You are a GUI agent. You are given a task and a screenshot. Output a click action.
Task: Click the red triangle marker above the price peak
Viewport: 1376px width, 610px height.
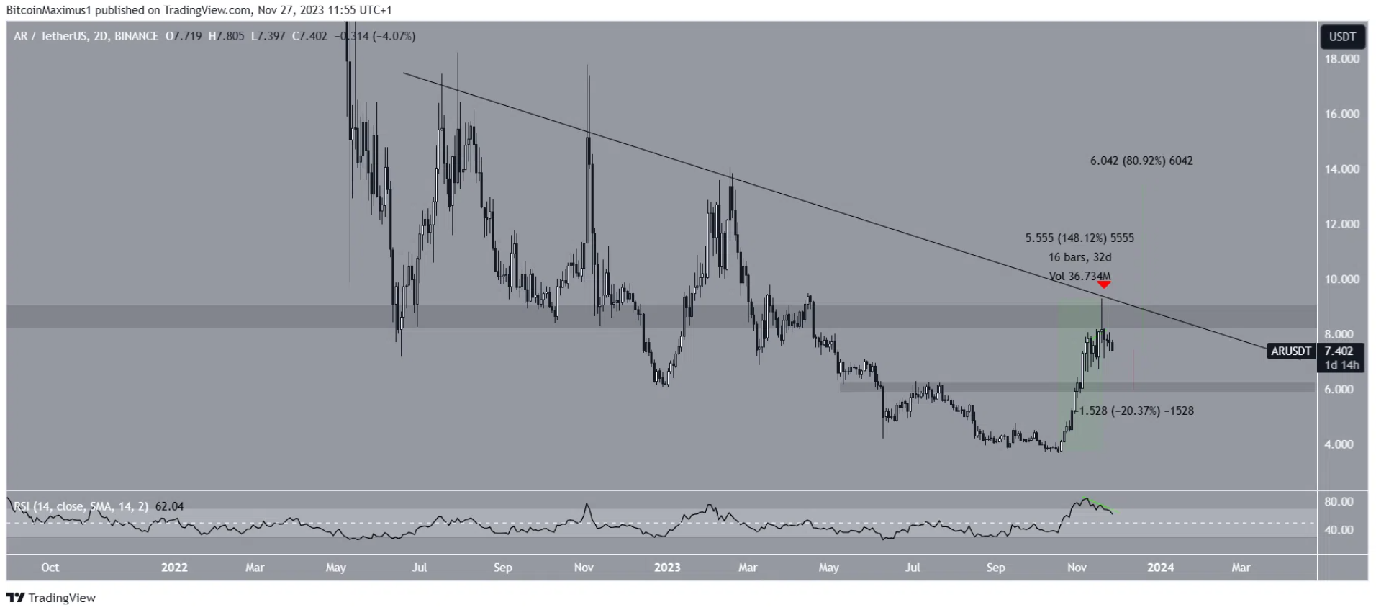[x=1103, y=285]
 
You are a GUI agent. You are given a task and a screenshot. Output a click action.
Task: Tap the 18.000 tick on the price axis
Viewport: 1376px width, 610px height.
[x=1342, y=59]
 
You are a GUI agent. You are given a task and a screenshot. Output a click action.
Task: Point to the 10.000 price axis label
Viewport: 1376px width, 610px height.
[x=1342, y=279]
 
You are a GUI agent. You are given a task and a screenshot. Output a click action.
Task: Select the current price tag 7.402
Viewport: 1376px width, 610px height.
[x=1339, y=351]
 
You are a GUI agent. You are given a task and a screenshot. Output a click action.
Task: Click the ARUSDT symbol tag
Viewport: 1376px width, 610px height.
[x=1290, y=351]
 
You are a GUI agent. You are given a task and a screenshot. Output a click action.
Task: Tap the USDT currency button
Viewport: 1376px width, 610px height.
[x=1342, y=37]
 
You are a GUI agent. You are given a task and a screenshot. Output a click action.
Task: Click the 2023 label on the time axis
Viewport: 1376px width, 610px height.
[x=667, y=568]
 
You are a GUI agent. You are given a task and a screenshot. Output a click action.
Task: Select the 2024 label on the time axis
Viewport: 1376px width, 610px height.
[x=1160, y=568]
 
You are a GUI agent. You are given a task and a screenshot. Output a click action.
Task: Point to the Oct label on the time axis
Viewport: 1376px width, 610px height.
[x=50, y=568]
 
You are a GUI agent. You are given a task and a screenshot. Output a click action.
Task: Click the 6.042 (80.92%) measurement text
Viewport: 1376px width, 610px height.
[x=1141, y=161]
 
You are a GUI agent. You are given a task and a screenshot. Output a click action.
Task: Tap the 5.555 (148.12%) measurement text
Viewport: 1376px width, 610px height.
[x=1079, y=238]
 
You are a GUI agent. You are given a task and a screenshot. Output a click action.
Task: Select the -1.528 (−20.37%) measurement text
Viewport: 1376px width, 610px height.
[x=1136, y=411]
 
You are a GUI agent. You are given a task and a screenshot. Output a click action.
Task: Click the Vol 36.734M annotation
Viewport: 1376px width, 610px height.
[x=1079, y=277]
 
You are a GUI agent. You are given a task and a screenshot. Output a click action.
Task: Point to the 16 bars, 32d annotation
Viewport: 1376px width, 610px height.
[x=1079, y=257]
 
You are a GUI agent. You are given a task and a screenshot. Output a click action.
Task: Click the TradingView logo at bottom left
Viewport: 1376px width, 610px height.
[x=51, y=598]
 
